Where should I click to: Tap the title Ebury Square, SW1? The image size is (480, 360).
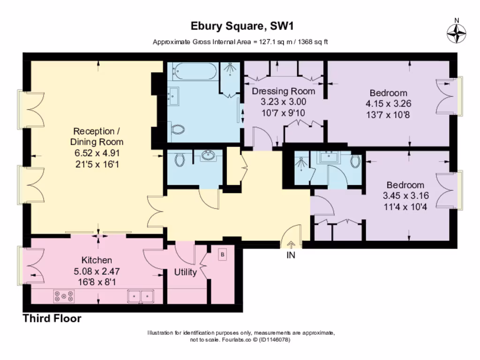(240, 25)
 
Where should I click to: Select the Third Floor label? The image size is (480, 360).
(52, 319)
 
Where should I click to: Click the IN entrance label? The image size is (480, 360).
(291, 255)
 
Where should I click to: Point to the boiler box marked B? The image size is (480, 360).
(223, 255)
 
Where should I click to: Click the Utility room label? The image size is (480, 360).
(185, 272)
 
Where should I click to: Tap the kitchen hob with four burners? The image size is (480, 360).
(64, 296)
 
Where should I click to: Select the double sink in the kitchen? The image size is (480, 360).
(141, 296)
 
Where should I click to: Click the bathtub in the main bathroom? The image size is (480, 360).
(194, 73)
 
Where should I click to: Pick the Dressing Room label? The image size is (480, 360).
(284, 91)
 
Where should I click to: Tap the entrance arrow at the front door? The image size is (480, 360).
(291, 245)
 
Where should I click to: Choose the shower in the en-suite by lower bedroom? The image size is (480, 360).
(301, 164)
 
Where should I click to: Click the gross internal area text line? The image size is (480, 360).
(240, 42)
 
